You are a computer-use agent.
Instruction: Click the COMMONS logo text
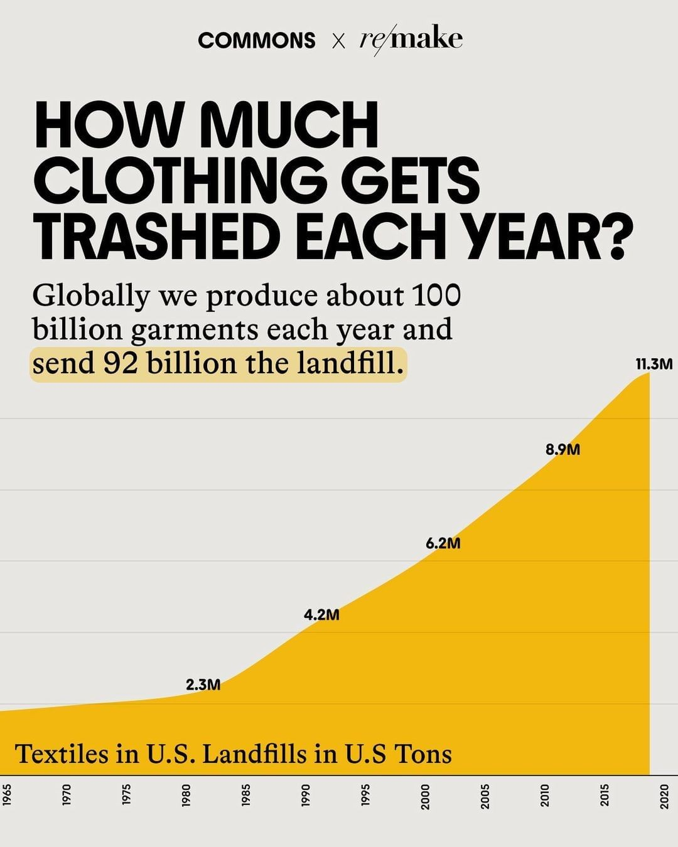[256, 40]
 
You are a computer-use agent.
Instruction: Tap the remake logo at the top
[411, 39]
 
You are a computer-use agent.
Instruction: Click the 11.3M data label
[654, 364]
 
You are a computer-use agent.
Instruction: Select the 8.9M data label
[562, 449]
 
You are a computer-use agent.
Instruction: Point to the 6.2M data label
[443, 543]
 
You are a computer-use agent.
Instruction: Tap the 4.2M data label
[321, 615]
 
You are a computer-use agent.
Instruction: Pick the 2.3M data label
[203, 685]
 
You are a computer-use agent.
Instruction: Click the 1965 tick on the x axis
[7, 796]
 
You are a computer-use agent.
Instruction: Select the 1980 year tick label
[186, 796]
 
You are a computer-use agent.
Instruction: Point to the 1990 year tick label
[306, 796]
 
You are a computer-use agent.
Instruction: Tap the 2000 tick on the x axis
[426, 796]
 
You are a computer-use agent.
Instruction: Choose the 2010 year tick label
[545, 796]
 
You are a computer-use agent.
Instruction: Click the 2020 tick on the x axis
[665, 796]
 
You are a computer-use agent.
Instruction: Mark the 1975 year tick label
[127, 796]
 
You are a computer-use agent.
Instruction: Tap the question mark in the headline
[608, 237]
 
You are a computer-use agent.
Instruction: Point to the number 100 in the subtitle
[437, 295]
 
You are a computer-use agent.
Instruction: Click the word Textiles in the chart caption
[62, 754]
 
